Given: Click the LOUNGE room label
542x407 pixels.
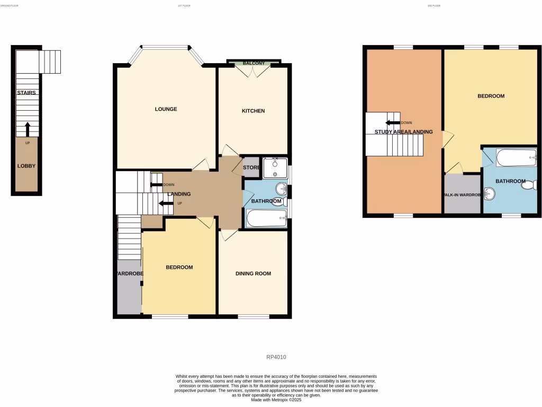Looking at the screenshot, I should [x=166, y=109].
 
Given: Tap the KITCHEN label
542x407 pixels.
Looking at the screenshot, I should [x=253, y=111].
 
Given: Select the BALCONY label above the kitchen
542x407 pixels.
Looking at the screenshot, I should [x=254, y=64].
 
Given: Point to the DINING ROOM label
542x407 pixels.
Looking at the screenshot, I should [x=253, y=273].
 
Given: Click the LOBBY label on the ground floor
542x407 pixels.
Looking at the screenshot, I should [x=26, y=166].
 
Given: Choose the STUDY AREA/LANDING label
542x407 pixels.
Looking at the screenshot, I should [x=403, y=132].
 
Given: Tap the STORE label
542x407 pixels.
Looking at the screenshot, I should [x=251, y=168].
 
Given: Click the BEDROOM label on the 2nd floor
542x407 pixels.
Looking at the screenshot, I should [x=491, y=96].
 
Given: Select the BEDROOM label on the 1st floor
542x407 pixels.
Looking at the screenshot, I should [x=179, y=267].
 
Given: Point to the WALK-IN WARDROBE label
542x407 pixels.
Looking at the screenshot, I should [x=462, y=194].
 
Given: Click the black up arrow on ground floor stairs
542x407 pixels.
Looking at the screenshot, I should [x=28, y=129].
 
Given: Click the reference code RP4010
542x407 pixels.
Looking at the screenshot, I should [x=276, y=357].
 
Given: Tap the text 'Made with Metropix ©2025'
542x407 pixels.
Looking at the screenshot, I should [x=276, y=400].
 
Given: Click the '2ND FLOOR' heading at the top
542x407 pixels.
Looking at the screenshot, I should [x=433, y=5].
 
